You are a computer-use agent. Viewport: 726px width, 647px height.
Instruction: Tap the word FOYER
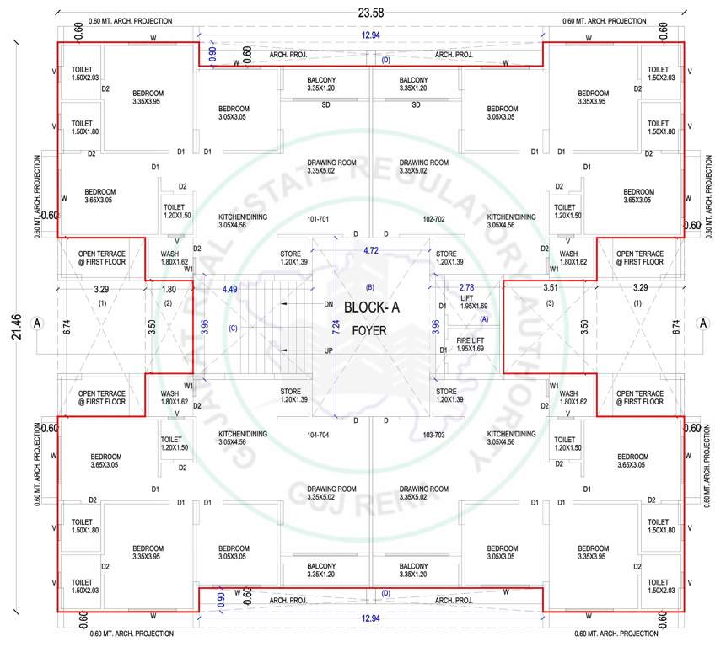point(369,331)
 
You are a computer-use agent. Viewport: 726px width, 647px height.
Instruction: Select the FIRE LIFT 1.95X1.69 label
point(471,343)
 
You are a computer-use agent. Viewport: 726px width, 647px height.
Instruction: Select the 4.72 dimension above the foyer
point(371,250)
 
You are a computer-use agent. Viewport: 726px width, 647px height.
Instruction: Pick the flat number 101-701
point(318,219)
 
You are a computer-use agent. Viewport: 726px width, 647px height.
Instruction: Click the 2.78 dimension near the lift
point(465,288)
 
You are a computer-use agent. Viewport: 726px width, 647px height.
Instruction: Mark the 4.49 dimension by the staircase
point(229,289)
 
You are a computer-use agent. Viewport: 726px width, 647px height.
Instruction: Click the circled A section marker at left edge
point(36,323)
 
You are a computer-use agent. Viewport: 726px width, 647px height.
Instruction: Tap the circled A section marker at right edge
point(703,323)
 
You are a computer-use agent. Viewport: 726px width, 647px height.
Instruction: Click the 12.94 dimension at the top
point(370,35)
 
